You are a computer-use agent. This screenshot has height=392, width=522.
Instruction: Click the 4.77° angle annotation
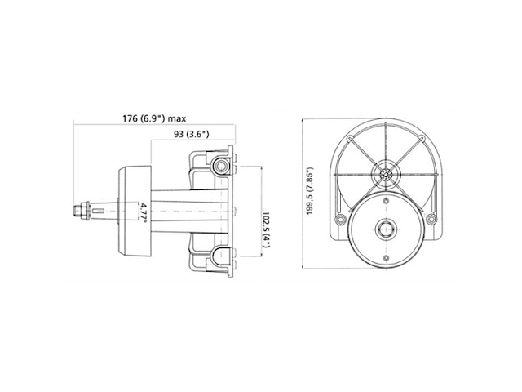tap(144, 212)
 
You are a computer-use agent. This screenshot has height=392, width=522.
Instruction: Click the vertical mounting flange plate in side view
tap(233, 212)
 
